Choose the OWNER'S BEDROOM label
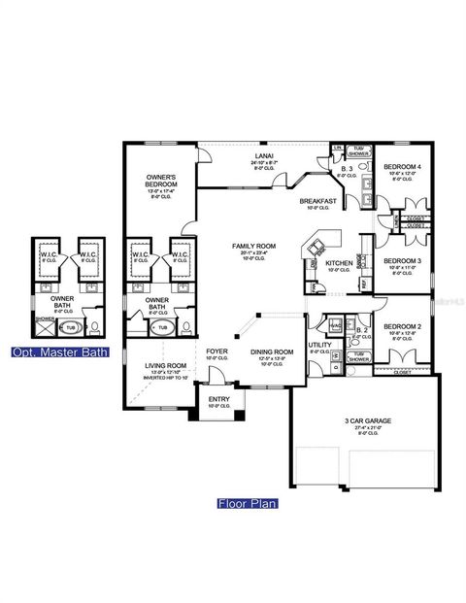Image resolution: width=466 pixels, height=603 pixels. point(161,178)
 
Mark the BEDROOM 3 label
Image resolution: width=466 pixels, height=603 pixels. point(401,261)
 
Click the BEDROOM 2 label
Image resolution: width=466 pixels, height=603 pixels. point(401,327)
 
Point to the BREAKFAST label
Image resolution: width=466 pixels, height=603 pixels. point(318,201)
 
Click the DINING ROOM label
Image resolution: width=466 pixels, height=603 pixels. point(272,352)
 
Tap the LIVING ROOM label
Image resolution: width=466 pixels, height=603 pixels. point(164,366)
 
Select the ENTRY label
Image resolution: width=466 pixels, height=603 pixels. point(219,400)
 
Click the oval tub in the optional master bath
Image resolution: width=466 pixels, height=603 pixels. point(69,328)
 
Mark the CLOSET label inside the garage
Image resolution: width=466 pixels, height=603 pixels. point(403,371)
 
